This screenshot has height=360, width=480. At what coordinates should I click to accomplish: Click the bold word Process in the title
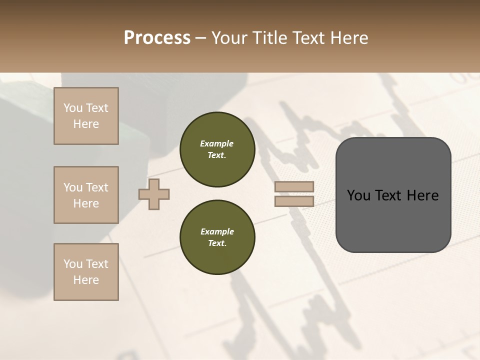(x=157, y=37)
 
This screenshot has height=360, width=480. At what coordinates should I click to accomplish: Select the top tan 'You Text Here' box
(x=86, y=116)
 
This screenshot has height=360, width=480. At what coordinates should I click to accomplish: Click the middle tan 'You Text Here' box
(x=86, y=195)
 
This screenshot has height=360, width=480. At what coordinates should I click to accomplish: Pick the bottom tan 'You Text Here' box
(x=86, y=272)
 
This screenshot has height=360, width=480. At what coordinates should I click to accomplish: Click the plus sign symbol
(x=154, y=194)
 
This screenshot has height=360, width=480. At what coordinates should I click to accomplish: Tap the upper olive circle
(x=217, y=149)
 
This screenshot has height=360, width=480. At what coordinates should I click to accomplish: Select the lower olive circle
(x=217, y=237)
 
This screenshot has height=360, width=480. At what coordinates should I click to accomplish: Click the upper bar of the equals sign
(x=294, y=187)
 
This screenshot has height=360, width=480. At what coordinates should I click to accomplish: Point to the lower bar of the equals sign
(x=294, y=201)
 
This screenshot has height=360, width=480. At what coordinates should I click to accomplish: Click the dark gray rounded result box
(x=393, y=220)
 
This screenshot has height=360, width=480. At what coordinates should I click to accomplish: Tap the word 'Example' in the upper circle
(x=217, y=143)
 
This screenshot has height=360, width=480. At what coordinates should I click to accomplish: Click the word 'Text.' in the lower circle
(x=217, y=243)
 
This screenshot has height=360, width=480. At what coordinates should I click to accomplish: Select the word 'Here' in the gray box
(x=422, y=195)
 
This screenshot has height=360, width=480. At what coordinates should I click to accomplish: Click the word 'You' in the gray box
(x=359, y=195)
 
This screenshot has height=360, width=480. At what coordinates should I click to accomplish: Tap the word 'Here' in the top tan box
(x=86, y=124)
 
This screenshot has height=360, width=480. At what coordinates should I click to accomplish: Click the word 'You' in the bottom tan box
(x=73, y=264)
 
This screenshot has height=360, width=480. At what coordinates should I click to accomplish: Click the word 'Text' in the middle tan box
(x=97, y=187)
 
